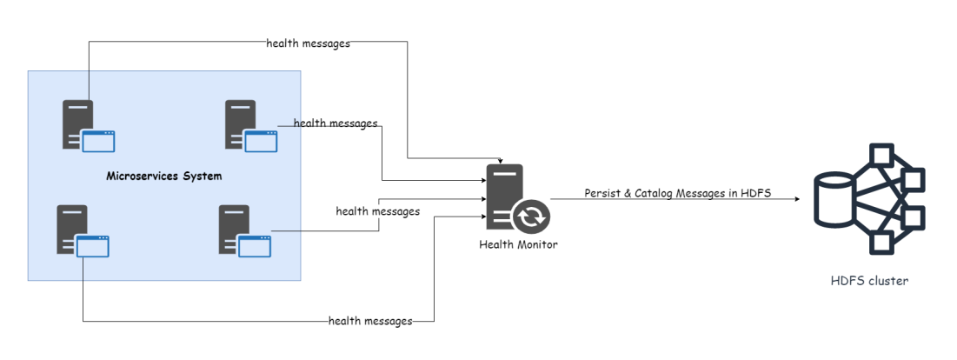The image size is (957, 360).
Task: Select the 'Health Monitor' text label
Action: (x=518, y=244)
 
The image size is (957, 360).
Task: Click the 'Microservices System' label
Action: (x=163, y=177)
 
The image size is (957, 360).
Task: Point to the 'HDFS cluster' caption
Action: (x=869, y=281)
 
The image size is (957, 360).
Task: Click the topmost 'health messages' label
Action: (x=308, y=43)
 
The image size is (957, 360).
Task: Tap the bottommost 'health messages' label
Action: (x=369, y=321)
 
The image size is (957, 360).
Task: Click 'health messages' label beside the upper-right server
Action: (x=336, y=123)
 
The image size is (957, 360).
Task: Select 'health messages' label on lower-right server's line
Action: (x=377, y=211)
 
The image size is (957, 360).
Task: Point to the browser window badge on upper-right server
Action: (x=260, y=140)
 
